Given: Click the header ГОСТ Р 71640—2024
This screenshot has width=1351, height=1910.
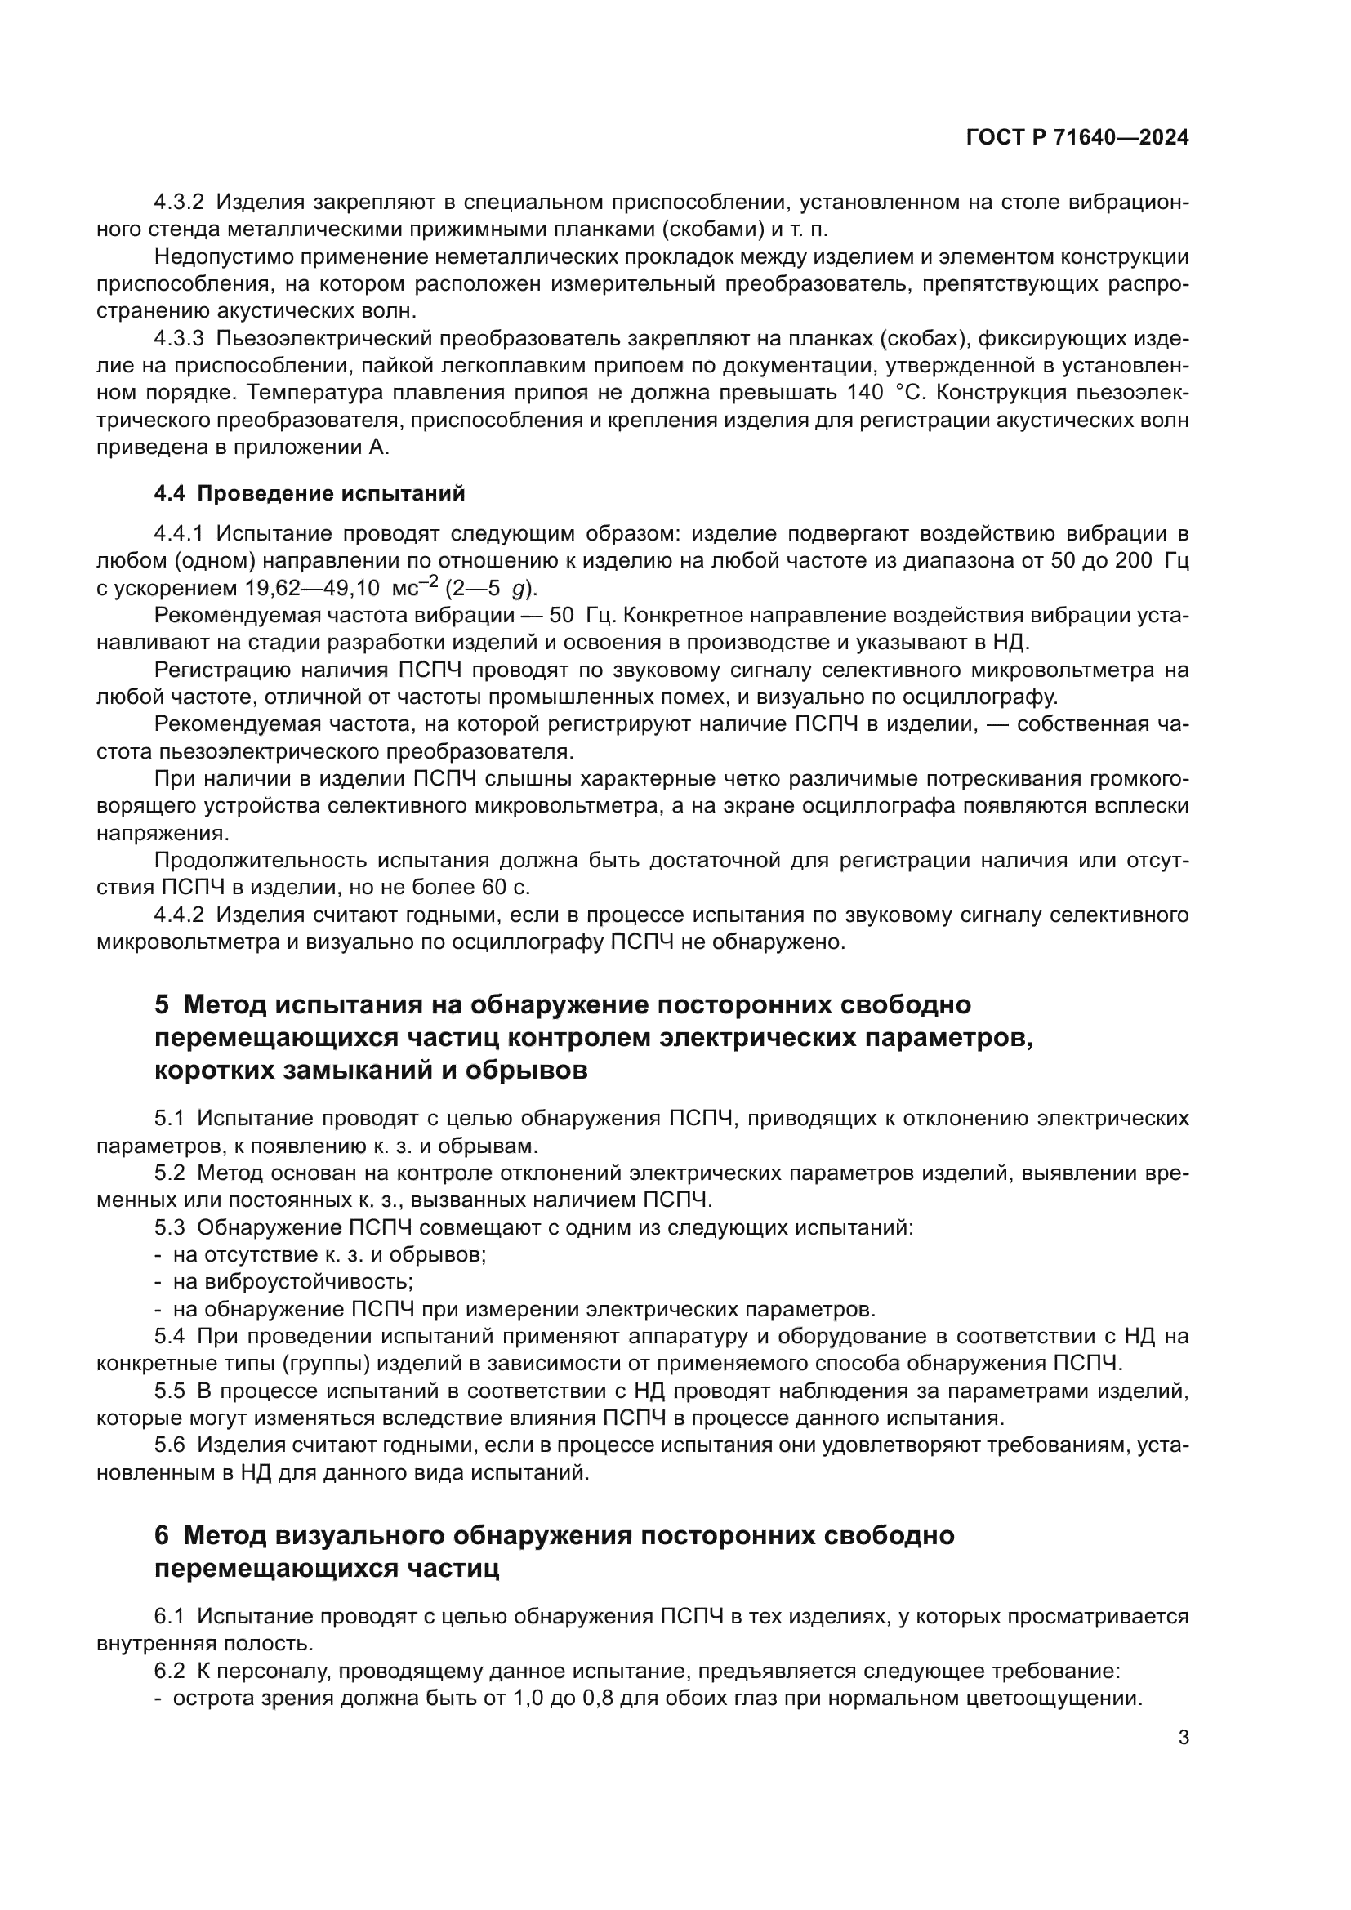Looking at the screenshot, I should pyautogui.click(x=1077, y=138).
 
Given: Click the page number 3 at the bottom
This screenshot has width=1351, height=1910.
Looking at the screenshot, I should pyautogui.click(x=1184, y=1738).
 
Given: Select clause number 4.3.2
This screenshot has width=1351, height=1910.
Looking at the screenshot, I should pyautogui.click(x=179, y=203).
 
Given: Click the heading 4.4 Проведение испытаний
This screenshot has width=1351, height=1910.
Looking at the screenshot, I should pyautogui.click(x=310, y=493).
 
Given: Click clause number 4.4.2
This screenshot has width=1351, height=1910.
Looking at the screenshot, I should pyautogui.click(x=179, y=915).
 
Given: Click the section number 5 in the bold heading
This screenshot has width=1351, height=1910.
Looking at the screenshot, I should pyautogui.click(x=162, y=1005).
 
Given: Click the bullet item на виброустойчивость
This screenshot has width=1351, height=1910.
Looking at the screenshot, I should pyautogui.click(x=293, y=1282).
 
